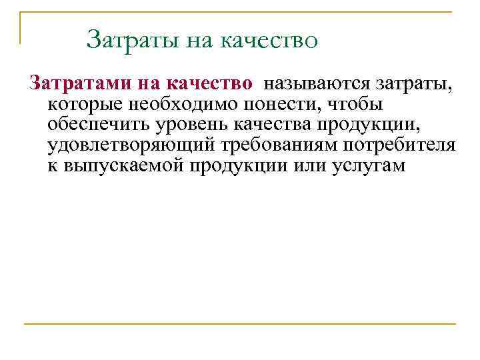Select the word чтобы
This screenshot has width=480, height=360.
click(x=347, y=105)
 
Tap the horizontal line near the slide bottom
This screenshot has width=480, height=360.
click(x=239, y=325)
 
